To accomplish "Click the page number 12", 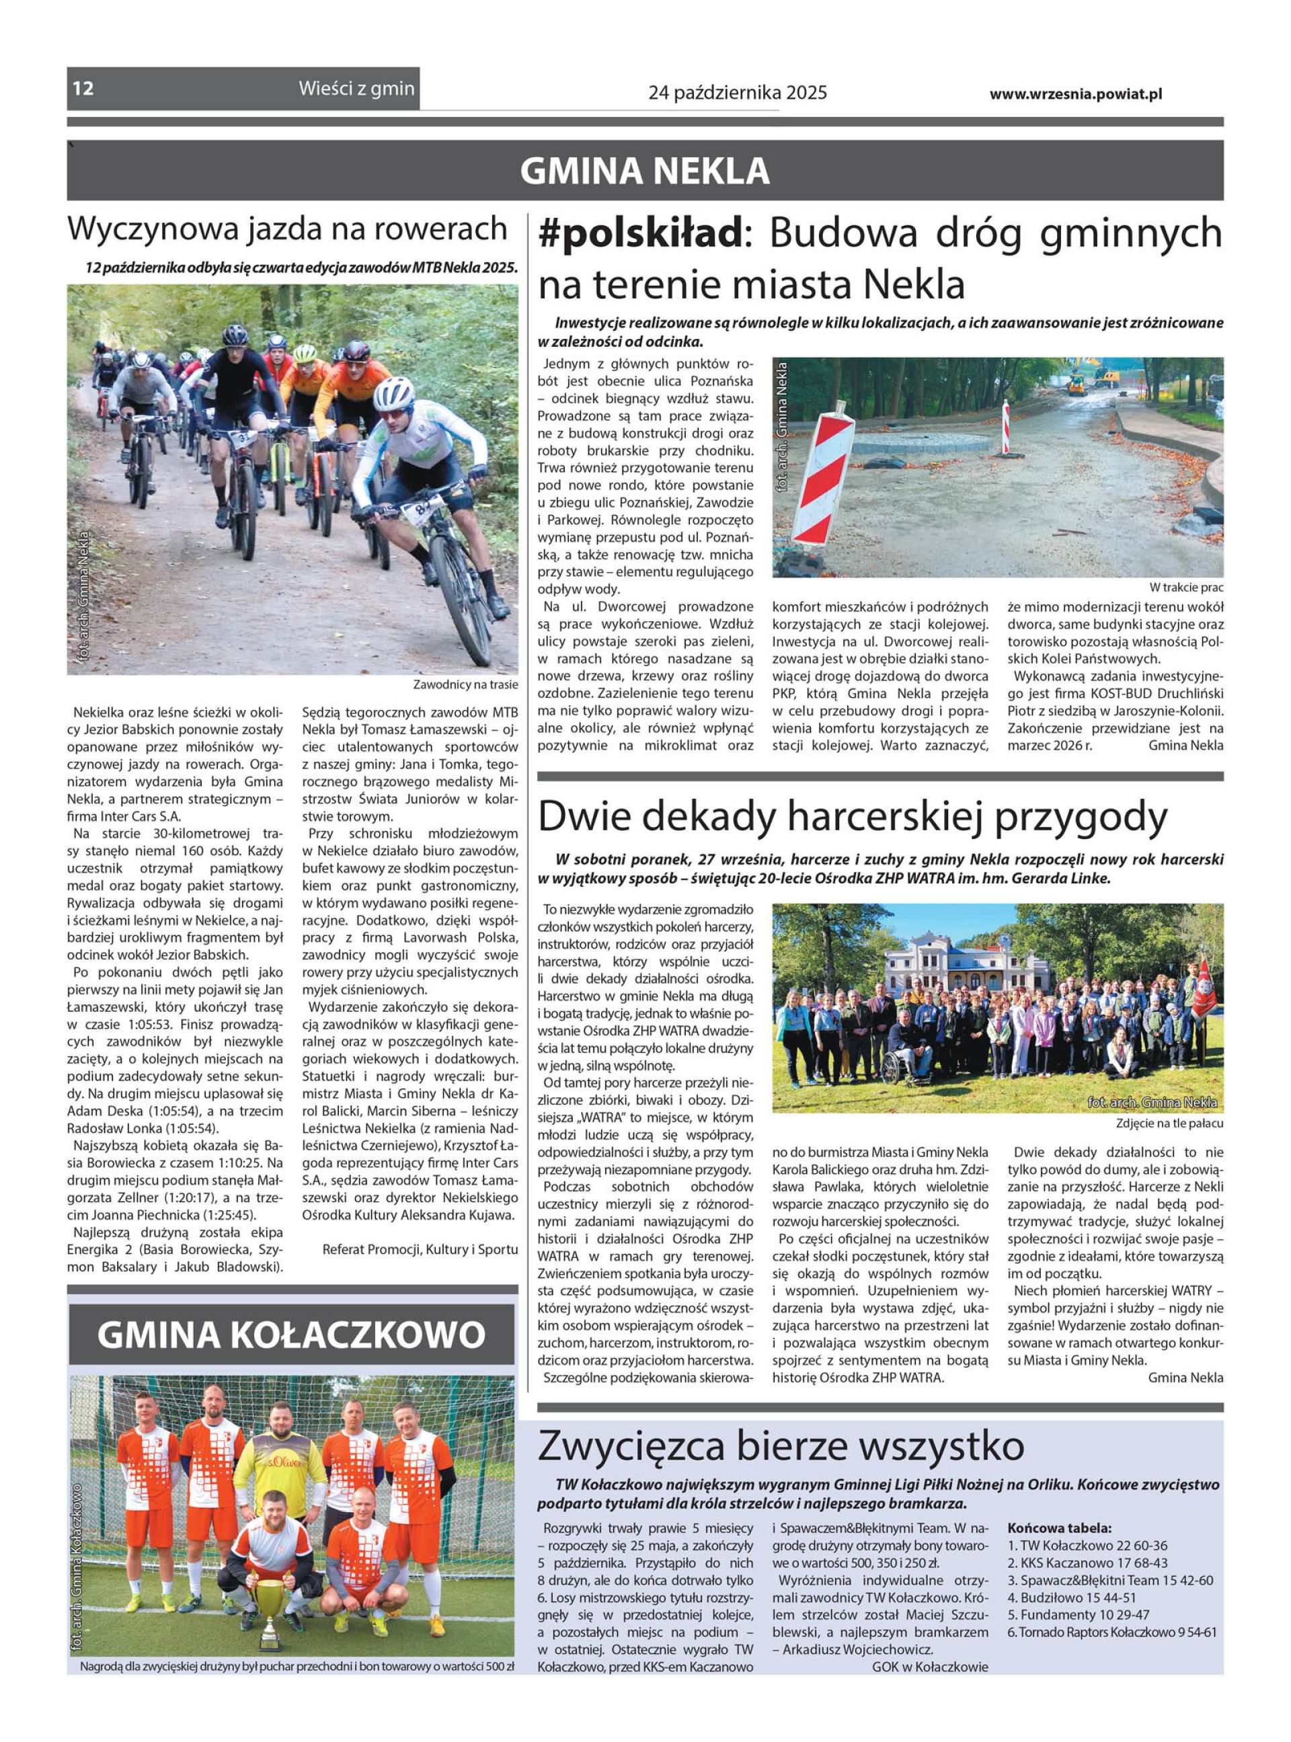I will point(83,88).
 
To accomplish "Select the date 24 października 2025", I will point(737,93).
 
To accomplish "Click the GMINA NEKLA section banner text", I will point(645,171).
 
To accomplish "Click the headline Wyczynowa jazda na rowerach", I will point(288,229).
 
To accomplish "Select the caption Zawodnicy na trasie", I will point(465,685).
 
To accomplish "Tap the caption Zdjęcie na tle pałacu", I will point(1169,1123).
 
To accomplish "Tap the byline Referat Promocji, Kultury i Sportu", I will point(420,1249).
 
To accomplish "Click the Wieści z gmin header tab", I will point(356,88).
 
